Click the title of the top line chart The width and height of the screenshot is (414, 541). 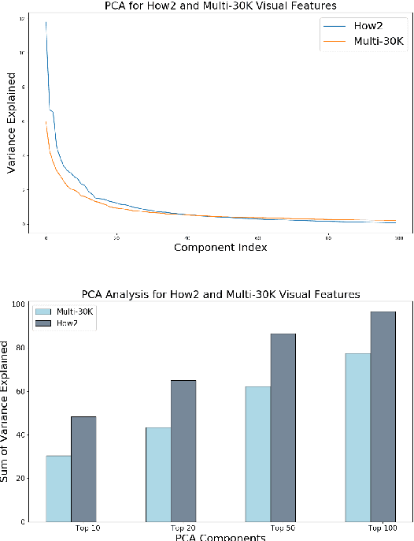point(220,6)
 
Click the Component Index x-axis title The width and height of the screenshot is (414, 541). point(220,248)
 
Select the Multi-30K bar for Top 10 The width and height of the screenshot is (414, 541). point(59,488)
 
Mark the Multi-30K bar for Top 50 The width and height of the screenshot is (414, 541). point(258,453)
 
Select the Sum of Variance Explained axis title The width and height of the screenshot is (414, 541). point(9,411)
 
